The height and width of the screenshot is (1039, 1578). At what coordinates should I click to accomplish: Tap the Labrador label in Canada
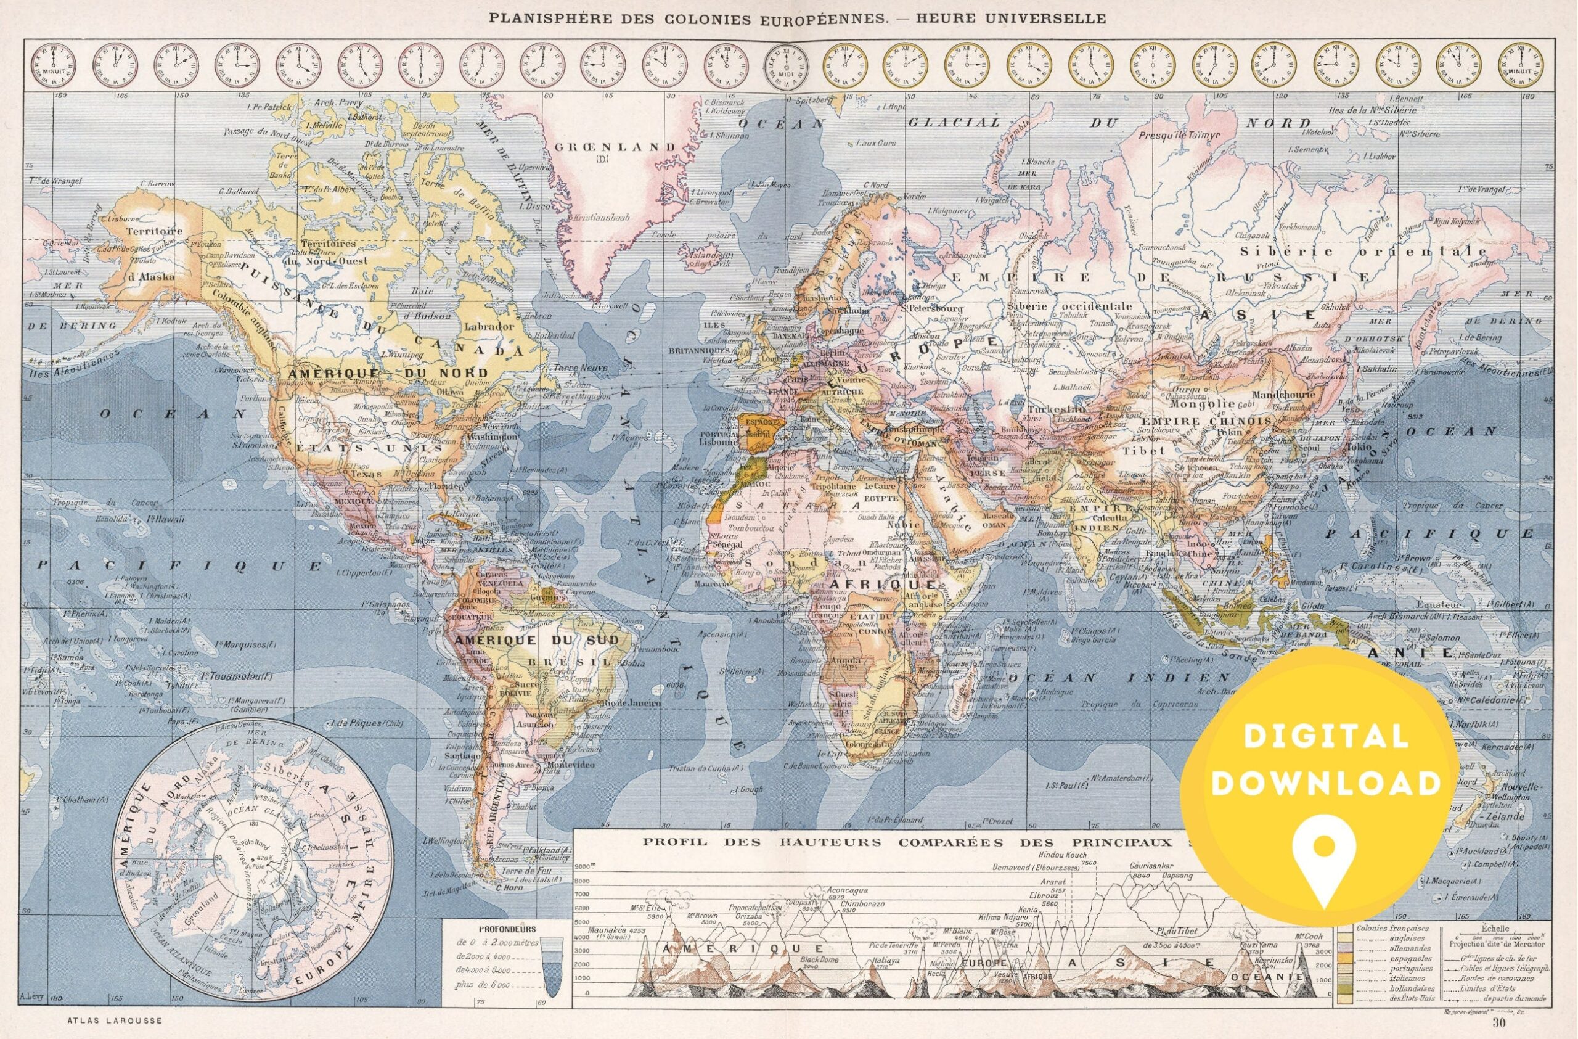489,327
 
